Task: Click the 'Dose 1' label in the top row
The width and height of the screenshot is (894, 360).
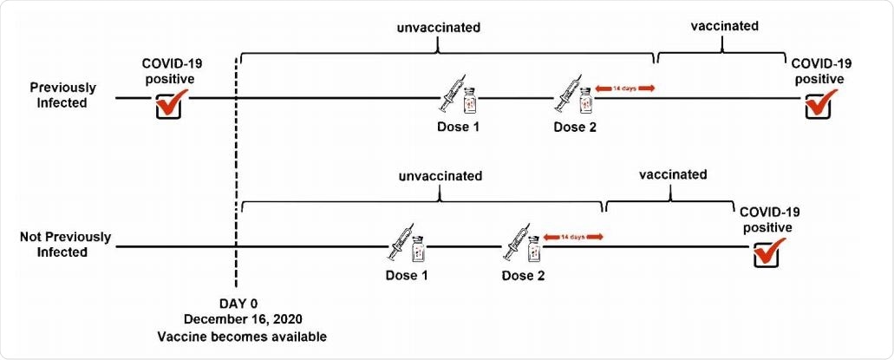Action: (x=458, y=127)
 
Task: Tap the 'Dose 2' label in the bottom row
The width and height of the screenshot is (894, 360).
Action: (x=523, y=276)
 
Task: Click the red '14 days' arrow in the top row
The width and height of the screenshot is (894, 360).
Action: (x=624, y=88)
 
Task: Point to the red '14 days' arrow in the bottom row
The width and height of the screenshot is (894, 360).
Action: (x=571, y=237)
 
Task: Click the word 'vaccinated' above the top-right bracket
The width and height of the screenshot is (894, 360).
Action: (x=725, y=26)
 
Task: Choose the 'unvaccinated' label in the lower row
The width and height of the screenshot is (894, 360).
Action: (x=440, y=176)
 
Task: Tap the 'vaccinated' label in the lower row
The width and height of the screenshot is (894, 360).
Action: (x=673, y=174)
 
